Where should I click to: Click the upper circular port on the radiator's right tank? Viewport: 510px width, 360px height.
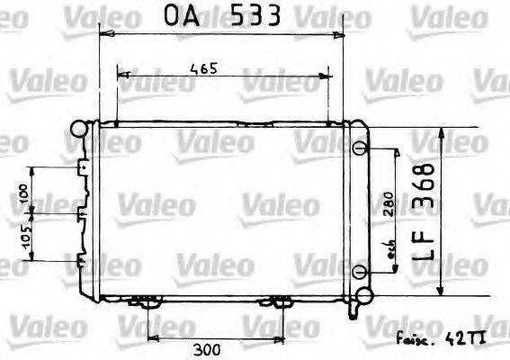click(x=360, y=148)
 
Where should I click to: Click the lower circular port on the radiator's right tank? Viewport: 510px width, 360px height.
click(x=360, y=272)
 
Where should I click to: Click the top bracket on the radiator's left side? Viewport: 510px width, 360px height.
click(x=84, y=168)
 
